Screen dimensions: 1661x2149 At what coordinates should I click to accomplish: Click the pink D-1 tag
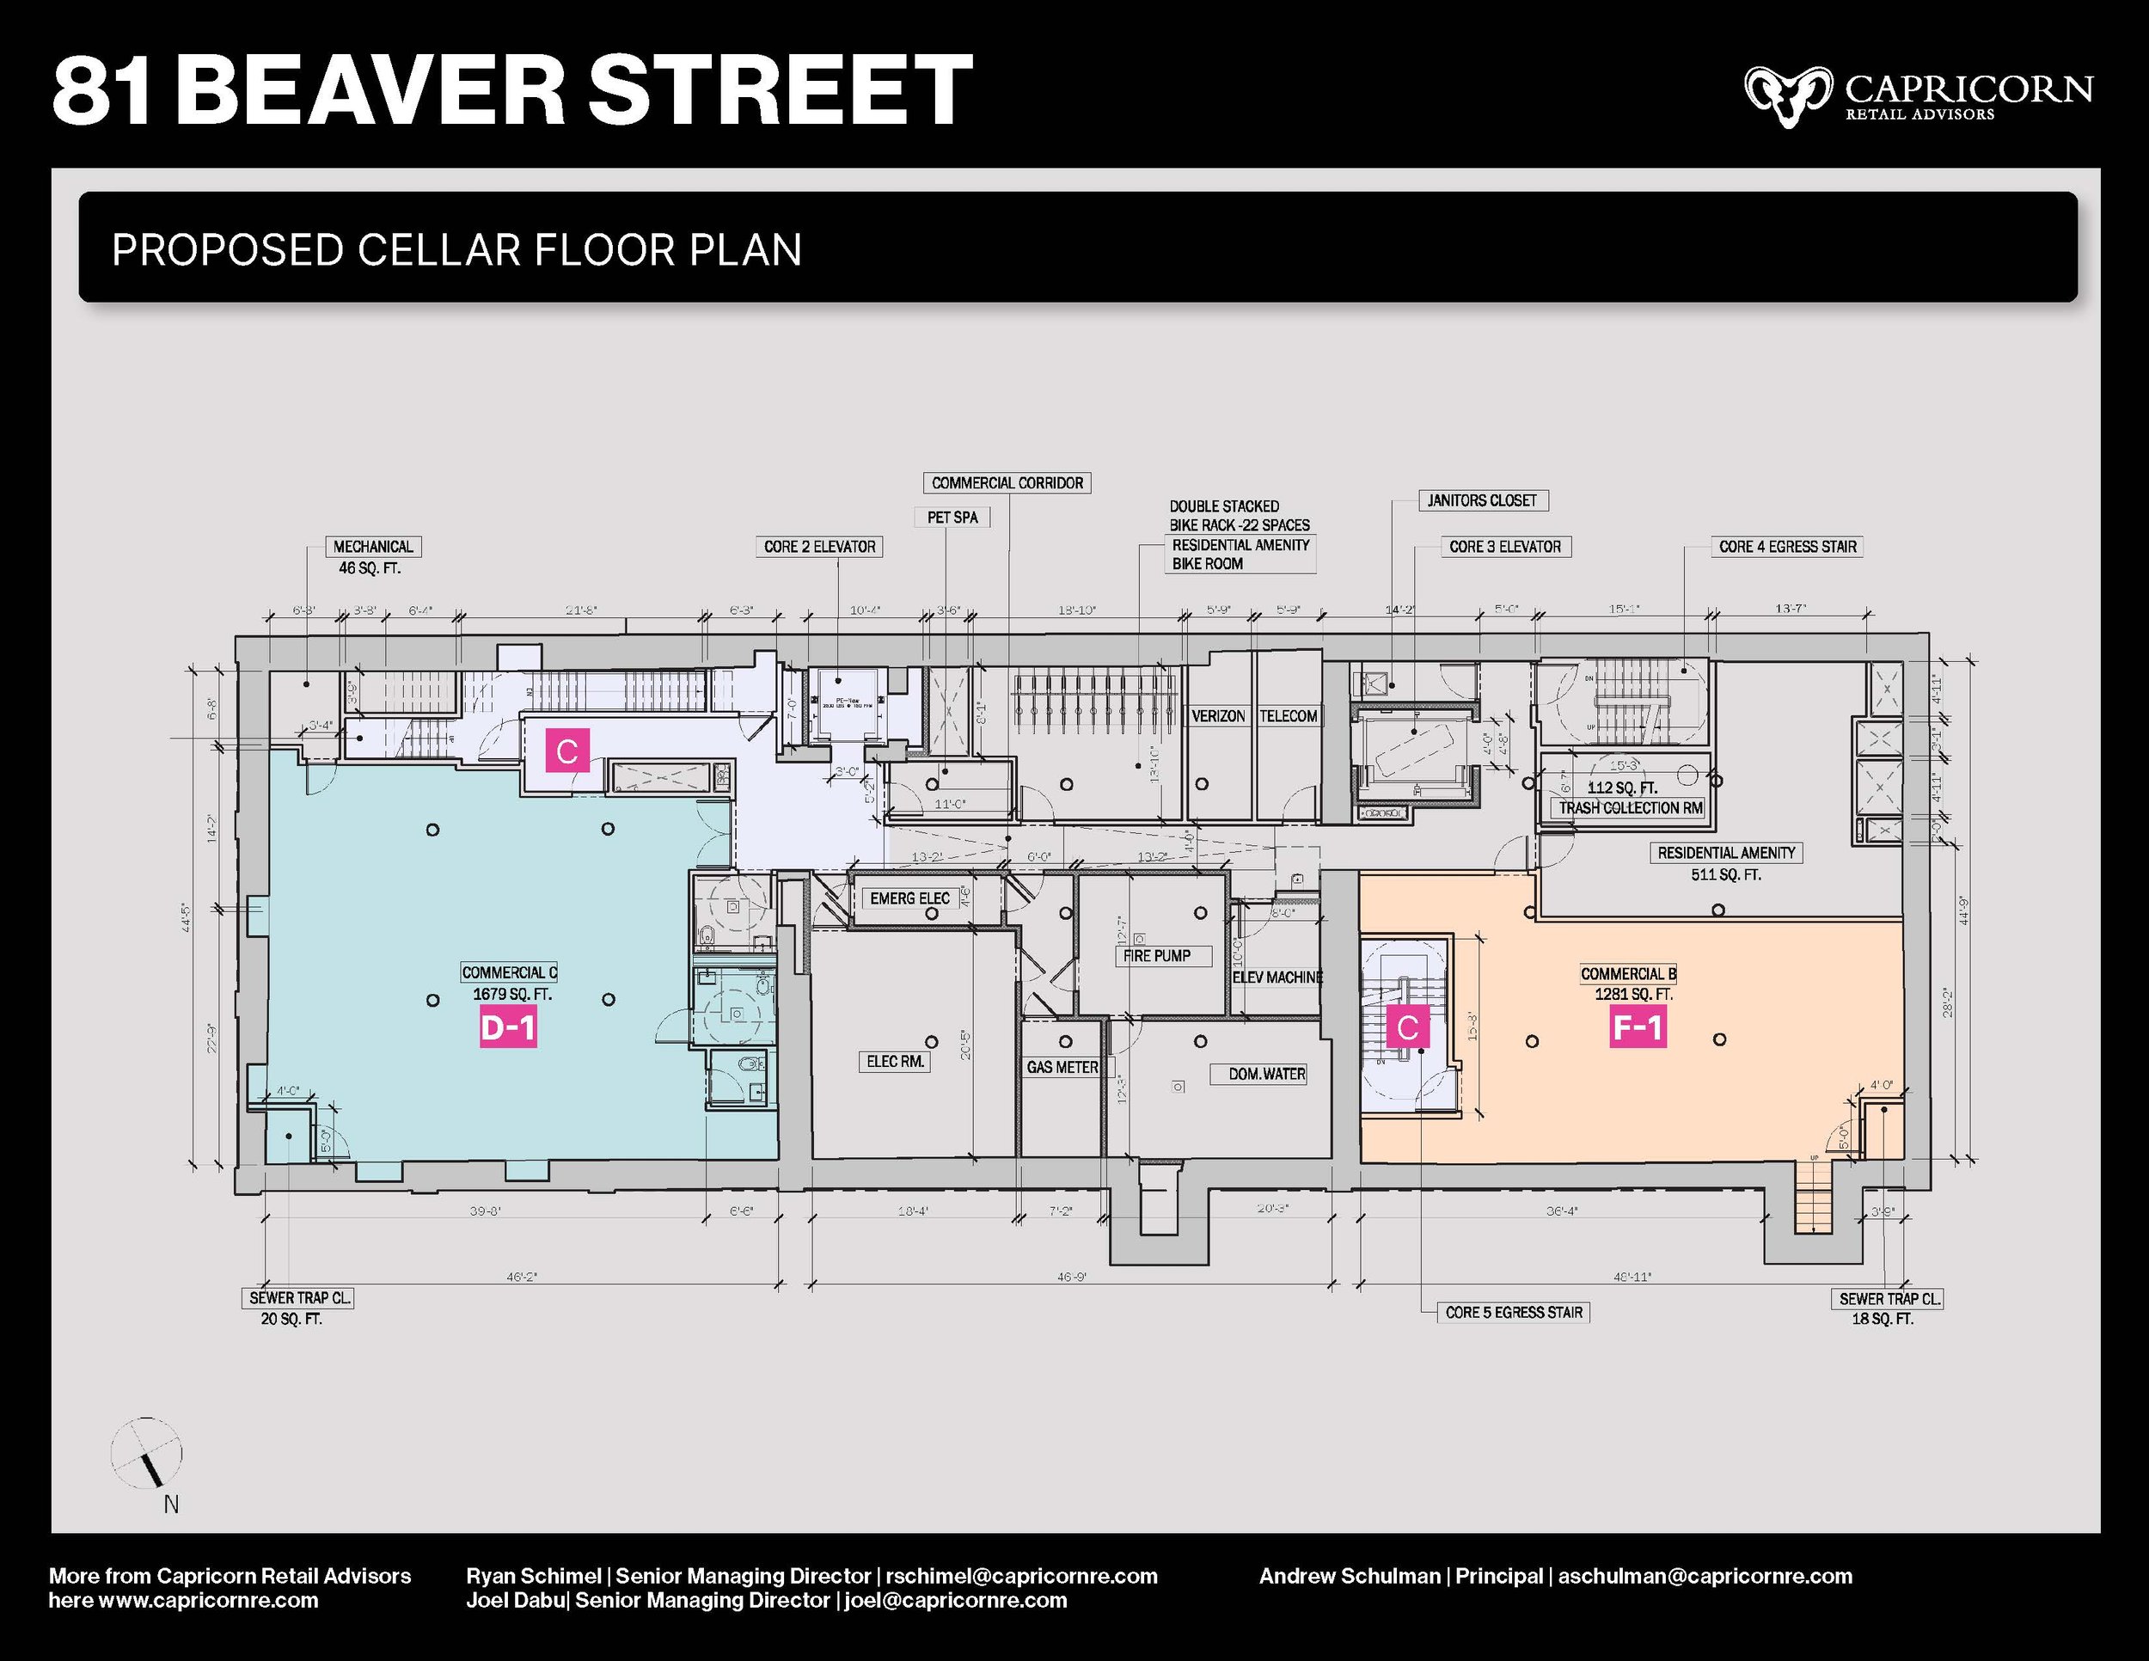pyautogui.click(x=508, y=1027)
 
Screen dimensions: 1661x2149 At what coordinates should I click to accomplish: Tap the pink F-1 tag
pyautogui.click(x=1638, y=1027)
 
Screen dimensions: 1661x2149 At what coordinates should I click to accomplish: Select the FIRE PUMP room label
pyautogui.click(x=1157, y=955)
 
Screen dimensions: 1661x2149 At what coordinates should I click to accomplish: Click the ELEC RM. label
pyautogui.click(x=895, y=1062)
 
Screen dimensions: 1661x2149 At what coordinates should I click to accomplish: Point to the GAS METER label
pyautogui.click(x=1062, y=1067)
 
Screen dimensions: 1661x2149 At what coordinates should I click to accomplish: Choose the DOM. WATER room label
pyautogui.click(x=1266, y=1074)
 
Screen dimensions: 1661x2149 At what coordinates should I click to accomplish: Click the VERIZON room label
pyautogui.click(x=1218, y=716)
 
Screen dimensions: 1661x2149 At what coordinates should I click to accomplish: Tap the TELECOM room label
pyautogui.click(x=1288, y=716)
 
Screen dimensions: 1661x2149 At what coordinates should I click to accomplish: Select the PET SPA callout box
pyautogui.click(x=952, y=518)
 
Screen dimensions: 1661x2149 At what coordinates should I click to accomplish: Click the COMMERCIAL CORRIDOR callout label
pyautogui.click(x=1007, y=483)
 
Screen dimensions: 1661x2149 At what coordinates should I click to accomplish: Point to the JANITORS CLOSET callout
pyautogui.click(x=1482, y=501)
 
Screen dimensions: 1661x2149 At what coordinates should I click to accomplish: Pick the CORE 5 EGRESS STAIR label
pyautogui.click(x=1514, y=1312)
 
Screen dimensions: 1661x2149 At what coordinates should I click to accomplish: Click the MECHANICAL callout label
pyautogui.click(x=373, y=547)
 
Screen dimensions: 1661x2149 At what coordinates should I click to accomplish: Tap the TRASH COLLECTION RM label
pyautogui.click(x=1631, y=808)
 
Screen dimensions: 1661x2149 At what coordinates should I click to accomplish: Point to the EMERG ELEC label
pyautogui.click(x=909, y=898)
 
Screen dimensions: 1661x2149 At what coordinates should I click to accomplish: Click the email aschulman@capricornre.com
pyautogui.click(x=1705, y=1575)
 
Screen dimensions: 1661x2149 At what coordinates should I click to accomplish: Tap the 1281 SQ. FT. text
pyautogui.click(x=1633, y=995)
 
